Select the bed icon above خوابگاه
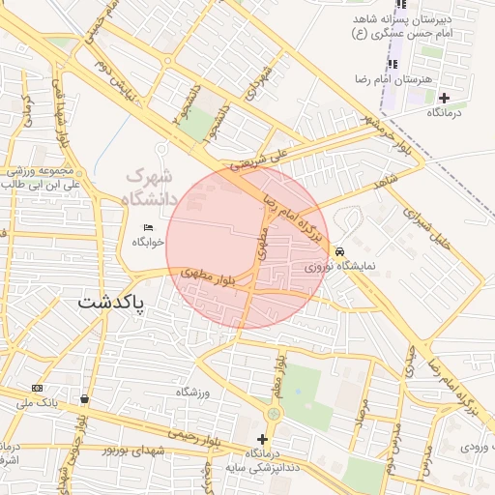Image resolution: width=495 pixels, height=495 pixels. (148, 227)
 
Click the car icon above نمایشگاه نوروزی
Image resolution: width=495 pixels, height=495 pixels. (339, 251)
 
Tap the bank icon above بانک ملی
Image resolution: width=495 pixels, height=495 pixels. (38, 388)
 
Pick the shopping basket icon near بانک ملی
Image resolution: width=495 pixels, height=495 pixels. (85, 398)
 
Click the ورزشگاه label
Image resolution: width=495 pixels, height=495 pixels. (193, 391)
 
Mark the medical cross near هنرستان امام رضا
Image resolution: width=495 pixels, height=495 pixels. (444, 97)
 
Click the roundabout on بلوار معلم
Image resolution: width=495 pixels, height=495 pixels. (274, 414)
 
